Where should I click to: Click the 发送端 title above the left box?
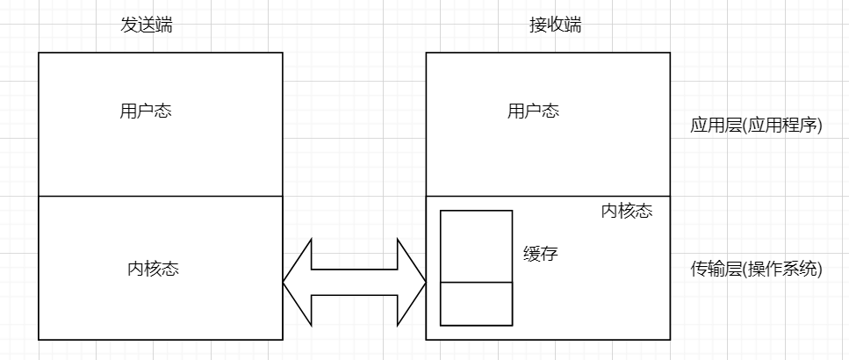[x=147, y=25]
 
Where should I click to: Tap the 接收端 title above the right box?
[x=555, y=25]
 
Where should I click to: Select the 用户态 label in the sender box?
[x=146, y=112]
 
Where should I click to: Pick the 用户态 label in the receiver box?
[x=534, y=112]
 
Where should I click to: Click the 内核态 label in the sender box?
[x=154, y=269]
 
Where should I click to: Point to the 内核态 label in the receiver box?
[x=627, y=212]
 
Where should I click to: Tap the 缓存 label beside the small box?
[x=540, y=254]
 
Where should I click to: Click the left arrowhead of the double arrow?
[x=297, y=282]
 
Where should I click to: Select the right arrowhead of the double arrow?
[x=413, y=282]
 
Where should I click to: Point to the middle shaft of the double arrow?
[x=355, y=282]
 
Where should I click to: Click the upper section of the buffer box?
[x=476, y=246]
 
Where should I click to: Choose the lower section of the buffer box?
[x=476, y=304]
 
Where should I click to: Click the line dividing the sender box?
[x=161, y=196]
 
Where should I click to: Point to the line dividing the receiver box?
[x=547, y=196]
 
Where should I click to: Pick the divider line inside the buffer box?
[x=476, y=283]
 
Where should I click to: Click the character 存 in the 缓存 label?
[x=549, y=254]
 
